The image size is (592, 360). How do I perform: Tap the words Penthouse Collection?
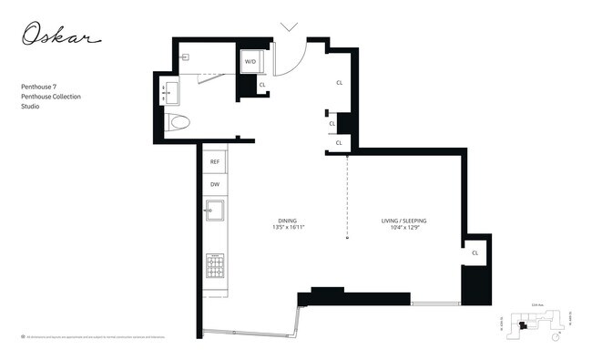pos(51,96)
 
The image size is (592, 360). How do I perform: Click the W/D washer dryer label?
pos(250,62)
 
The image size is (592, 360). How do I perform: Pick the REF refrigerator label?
pos(215,161)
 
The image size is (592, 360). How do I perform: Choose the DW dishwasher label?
pos(215,184)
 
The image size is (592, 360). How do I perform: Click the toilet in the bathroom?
pos(179,122)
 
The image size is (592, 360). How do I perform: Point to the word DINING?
pos(288,221)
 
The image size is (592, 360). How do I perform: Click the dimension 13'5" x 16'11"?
pos(288,228)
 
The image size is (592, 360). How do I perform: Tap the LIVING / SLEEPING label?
pos(403,221)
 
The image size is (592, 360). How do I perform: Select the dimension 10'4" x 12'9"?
pos(403,228)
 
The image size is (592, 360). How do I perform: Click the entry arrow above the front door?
pos(290,27)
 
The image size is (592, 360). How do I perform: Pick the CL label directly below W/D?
pos(262,85)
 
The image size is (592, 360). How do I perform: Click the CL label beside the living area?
pos(475,252)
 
